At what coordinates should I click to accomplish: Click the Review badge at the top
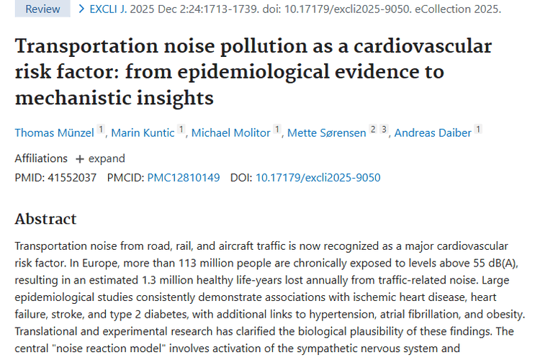coord(42,9)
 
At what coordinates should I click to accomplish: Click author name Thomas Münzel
coord(55,132)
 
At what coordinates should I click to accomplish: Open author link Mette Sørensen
coord(326,132)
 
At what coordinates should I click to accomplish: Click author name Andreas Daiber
coord(433,132)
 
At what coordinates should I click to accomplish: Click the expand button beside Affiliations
coord(100,158)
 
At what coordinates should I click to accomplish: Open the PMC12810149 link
coord(184,177)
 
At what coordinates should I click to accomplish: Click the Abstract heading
coord(45,219)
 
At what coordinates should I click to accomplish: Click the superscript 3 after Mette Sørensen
coord(384,129)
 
